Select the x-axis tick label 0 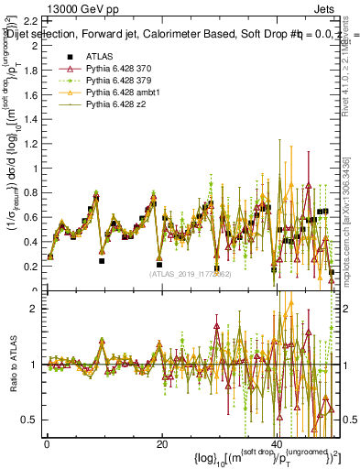point(47,443)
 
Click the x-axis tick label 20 point(162,443)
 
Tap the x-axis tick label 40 point(278,443)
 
